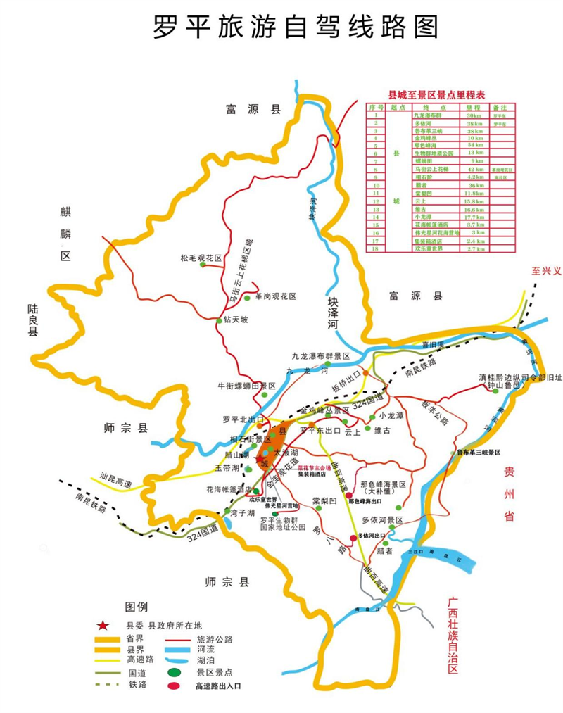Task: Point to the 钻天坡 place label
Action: click(x=235, y=320)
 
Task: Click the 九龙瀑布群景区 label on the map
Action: click(x=320, y=357)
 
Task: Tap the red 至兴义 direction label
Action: click(x=546, y=271)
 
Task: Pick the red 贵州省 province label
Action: click(x=509, y=492)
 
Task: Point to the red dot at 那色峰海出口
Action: click(x=348, y=496)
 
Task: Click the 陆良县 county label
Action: click(x=32, y=321)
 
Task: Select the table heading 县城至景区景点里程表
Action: click(x=437, y=95)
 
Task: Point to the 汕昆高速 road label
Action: click(x=115, y=483)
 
